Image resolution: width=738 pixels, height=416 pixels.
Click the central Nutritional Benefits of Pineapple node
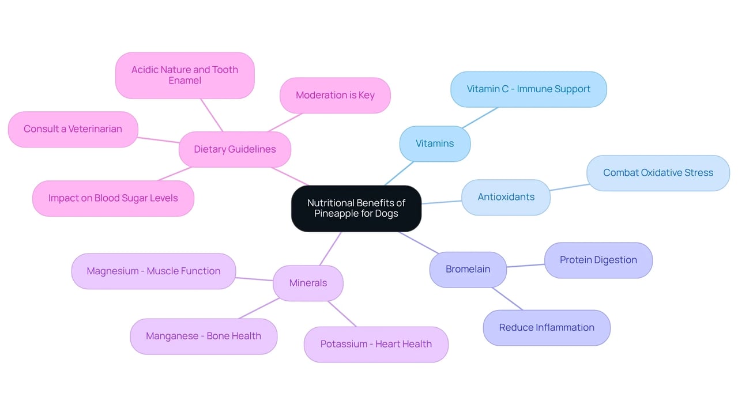coord(356,209)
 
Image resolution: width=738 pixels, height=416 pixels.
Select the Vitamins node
coord(435,144)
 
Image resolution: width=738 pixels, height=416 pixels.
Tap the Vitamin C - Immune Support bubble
coord(529,89)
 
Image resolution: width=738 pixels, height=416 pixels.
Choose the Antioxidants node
coord(506,197)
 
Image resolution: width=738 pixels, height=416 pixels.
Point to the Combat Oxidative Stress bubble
coord(658,173)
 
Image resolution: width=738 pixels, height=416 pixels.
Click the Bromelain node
coord(468,270)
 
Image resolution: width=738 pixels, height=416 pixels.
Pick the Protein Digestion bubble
coord(598,260)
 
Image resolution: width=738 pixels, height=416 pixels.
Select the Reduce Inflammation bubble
coord(547,328)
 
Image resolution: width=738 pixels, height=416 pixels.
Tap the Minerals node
coord(308,283)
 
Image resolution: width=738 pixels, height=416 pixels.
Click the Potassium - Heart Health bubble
coord(376,344)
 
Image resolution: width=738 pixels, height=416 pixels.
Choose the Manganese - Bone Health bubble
coord(204,336)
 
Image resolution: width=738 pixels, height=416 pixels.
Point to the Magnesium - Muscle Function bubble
coord(153,271)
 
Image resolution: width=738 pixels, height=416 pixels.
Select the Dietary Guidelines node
coord(235,149)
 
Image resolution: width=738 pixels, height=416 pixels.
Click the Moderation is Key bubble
coord(335,96)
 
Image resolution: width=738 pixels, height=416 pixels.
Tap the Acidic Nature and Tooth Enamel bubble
coord(185,75)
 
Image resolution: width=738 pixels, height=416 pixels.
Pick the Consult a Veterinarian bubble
coord(73,129)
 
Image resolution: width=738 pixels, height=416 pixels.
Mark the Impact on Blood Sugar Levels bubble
coord(113,198)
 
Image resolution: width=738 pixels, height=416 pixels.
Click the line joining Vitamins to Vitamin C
coord(480,118)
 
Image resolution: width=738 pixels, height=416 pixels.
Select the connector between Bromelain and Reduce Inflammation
coord(507,298)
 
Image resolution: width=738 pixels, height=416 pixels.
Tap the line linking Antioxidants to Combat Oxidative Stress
coord(570,187)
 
